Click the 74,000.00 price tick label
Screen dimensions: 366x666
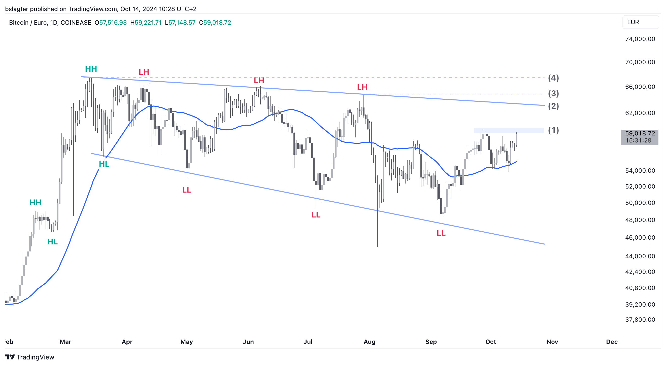click(640, 39)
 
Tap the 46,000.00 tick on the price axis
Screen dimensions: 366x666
click(640, 237)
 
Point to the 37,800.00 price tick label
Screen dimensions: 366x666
click(640, 319)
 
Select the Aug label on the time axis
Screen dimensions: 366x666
click(369, 342)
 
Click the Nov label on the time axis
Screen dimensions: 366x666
click(552, 342)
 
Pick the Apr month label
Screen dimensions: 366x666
click(127, 342)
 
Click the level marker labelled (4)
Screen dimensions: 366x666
click(553, 78)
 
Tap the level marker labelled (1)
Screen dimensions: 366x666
click(553, 130)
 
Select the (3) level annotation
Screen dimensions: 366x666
click(553, 93)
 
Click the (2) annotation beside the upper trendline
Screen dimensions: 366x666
click(553, 106)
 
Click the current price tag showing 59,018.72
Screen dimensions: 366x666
click(640, 137)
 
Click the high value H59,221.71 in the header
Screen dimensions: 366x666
click(146, 23)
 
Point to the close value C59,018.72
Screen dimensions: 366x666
click(215, 23)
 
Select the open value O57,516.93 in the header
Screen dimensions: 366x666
click(110, 23)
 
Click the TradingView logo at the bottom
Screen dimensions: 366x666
click(29, 357)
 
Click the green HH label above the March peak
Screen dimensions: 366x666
click(91, 69)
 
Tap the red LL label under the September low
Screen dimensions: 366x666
click(441, 233)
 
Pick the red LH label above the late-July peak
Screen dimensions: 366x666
click(362, 87)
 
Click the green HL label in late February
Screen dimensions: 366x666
click(52, 242)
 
